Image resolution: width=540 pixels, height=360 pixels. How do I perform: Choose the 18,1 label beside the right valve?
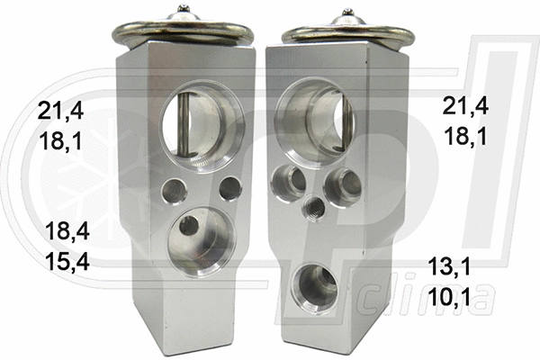pyautogui.click(x=466, y=137)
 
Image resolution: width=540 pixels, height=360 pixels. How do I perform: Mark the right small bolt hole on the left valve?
pyautogui.click(x=230, y=188)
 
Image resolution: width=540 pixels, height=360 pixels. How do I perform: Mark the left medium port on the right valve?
pyautogui.click(x=290, y=178)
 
